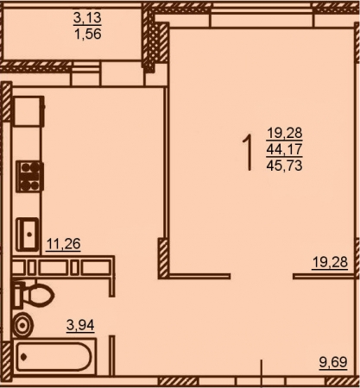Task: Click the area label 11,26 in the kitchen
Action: (x=63, y=244)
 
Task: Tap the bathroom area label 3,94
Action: (x=80, y=325)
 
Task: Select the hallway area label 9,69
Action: (x=333, y=362)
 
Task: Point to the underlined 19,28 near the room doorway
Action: (x=330, y=262)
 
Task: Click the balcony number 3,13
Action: (x=87, y=18)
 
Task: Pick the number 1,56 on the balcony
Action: (x=88, y=34)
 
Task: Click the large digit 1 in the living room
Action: (x=248, y=153)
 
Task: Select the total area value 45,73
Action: (x=284, y=166)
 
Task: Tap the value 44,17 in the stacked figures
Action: (x=284, y=149)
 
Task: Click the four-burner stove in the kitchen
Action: (x=29, y=176)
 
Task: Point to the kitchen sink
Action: (x=28, y=235)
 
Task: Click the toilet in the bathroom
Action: (x=33, y=295)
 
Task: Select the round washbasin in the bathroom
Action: (x=23, y=325)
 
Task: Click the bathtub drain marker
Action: (x=24, y=357)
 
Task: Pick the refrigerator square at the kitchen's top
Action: (x=28, y=111)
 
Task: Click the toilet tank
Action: (x=18, y=295)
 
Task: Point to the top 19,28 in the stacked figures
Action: (x=284, y=133)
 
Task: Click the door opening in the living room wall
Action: (x=262, y=277)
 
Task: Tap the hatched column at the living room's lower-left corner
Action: (x=163, y=259)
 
